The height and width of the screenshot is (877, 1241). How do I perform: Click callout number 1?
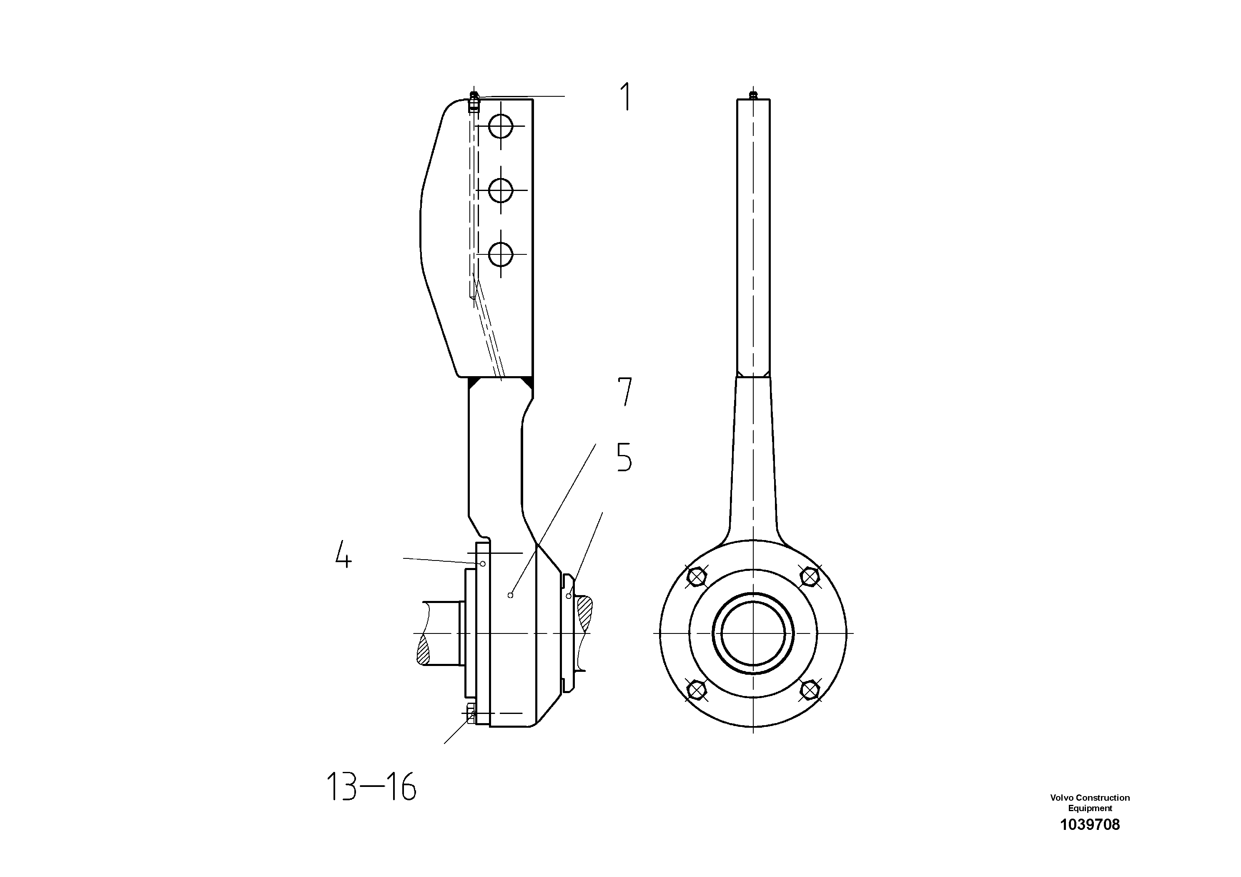tap(626, 97)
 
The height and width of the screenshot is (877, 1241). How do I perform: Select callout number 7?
tap(624, 392)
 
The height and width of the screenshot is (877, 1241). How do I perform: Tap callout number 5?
tap(624, 457)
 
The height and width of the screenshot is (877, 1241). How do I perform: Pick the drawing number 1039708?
tap(1090, 824)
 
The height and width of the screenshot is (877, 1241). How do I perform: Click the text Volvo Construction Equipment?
tap(1090, 802)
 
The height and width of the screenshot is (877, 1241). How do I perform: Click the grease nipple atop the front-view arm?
tap(753, 95)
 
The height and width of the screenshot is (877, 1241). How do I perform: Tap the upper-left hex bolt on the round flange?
tap(697, 577)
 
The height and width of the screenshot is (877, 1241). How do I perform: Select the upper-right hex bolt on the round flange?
tap(809, 577)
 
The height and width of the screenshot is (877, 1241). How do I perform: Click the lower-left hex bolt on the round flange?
tap(697, 690)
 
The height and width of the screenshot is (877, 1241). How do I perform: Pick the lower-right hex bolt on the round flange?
tap(809, 690)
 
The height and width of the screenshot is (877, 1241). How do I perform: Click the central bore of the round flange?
tap(753, 633)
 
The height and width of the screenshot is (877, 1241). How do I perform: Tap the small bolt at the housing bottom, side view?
tap(471, 714)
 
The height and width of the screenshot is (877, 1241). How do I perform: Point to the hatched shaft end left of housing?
tap(423, 651)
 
